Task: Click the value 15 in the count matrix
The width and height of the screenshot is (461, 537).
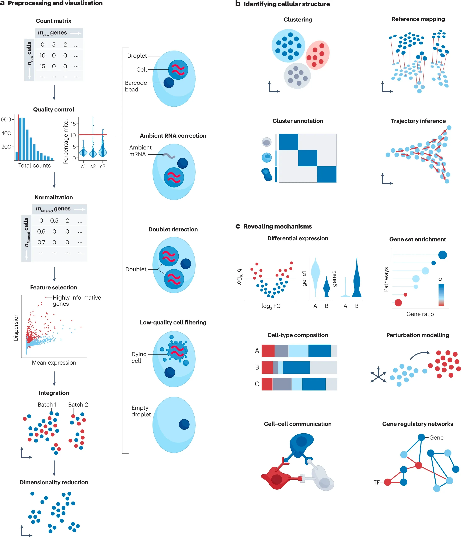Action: coord(42,66)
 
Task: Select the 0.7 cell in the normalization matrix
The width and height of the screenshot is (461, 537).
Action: coord(41,242)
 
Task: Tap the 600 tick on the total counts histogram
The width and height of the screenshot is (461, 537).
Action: coord(6,120)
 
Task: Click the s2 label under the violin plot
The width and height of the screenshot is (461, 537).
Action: coord(93,166)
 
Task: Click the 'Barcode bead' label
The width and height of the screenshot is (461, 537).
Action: coord(136,86)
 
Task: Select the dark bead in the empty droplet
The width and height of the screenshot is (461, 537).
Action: coord(184,424)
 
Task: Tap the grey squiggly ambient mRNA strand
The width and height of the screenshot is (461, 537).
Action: coord(169,156)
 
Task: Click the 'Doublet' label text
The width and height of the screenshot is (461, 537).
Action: coord(136,269)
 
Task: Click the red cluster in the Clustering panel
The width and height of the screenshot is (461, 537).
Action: coord(318,55)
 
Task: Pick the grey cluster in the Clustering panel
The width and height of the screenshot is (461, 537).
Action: coord(297,76)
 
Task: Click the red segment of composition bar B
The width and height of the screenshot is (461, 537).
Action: coord(267,367)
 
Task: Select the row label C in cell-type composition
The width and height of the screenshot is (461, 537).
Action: coord(257,384)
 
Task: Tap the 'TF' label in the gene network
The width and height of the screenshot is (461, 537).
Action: coord(376,482)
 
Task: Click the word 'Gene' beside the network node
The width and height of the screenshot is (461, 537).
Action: coord(436,437)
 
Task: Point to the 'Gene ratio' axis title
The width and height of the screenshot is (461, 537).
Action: coord(420,314)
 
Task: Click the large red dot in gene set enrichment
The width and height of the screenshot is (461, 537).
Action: coord(398,302)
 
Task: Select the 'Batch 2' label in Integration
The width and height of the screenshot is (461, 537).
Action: coord(78,405)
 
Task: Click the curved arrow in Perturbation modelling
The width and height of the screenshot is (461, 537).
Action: coord(420,355)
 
